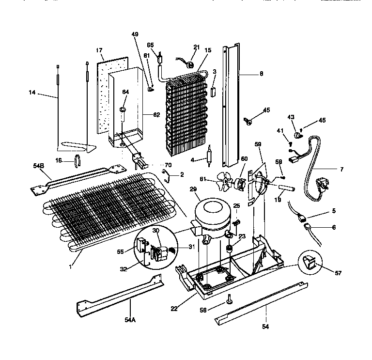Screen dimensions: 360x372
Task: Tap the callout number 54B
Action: (x=39, y=166)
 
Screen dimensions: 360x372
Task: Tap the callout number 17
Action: (x=99, y=50)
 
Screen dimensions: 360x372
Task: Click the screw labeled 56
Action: (x=229, y=303)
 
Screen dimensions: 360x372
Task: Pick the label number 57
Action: (x=338, y=273)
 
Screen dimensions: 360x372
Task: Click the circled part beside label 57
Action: (x=309, y=263)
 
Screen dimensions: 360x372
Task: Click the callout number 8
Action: (x=261, y=74)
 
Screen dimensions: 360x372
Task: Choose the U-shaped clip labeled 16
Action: (x=77, y=160)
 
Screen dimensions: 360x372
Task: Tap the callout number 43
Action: (x=291, y=117)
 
